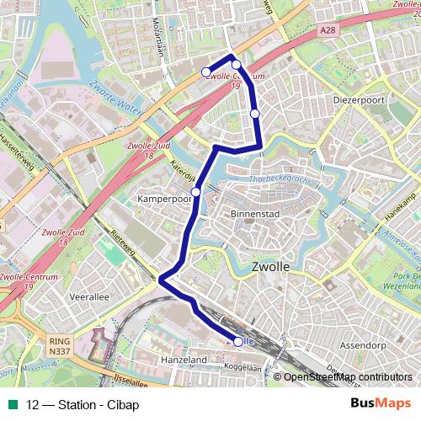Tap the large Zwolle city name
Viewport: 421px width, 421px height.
[x=271, y=267]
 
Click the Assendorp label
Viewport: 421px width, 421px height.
[x=361, y=345]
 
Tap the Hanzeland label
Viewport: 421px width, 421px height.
[x=183, y=360]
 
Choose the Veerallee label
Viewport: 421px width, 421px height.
[x=90, y=297]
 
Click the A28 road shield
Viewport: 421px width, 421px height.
[x=328, y=30]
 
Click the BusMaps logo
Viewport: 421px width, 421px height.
[x=381, y=403]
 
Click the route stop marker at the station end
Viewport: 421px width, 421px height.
[x=238, y=341]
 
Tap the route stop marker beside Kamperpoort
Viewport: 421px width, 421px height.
[x=196, y=192]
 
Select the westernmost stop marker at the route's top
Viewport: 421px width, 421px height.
[x=206, y=72]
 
